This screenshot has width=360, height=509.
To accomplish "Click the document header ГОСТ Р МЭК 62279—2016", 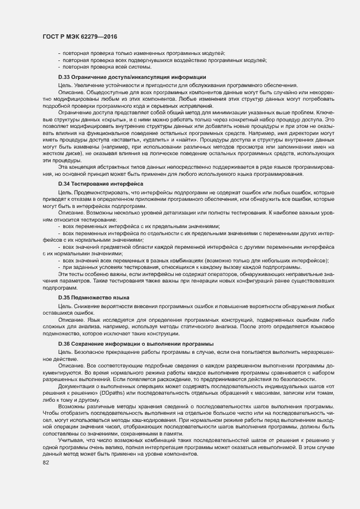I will coord(80,36).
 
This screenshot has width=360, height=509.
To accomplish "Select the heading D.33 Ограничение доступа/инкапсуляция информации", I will coord(132,77).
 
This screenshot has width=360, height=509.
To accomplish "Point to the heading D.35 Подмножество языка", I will coord(94,298).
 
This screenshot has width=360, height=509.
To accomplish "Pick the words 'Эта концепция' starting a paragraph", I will coord(76,167).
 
